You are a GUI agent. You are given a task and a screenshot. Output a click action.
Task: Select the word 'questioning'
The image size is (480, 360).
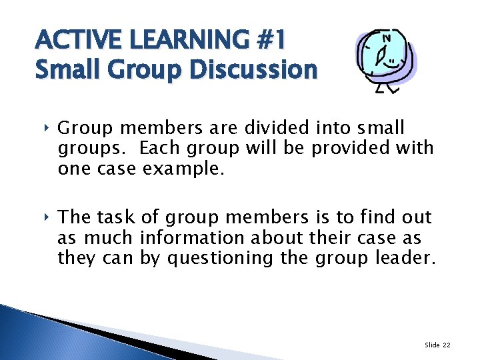click(221, 258)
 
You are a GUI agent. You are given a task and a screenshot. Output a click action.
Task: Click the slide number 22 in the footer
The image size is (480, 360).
click(446, 345)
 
